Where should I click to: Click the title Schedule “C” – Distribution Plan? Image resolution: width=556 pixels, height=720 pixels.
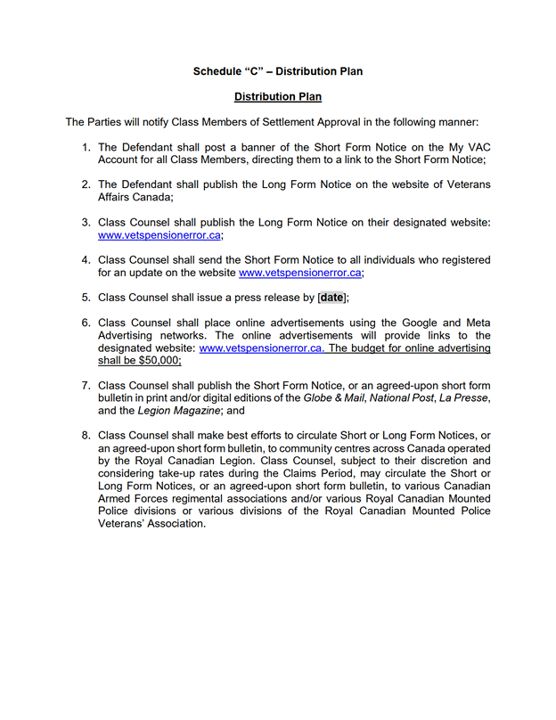coord(277,70)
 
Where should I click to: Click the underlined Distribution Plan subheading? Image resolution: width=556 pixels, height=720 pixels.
coord(277,96)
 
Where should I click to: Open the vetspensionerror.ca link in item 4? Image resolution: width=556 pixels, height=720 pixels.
coord(299,273)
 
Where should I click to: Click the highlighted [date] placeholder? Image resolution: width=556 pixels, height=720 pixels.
coord(331,298)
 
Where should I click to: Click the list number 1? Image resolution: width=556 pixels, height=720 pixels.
coord(86,147)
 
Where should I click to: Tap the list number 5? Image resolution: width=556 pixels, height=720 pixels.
coord(86,298)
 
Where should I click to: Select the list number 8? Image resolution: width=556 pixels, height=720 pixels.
coord(86,435)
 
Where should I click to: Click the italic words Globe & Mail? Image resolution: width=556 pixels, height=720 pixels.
coord(332,398)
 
